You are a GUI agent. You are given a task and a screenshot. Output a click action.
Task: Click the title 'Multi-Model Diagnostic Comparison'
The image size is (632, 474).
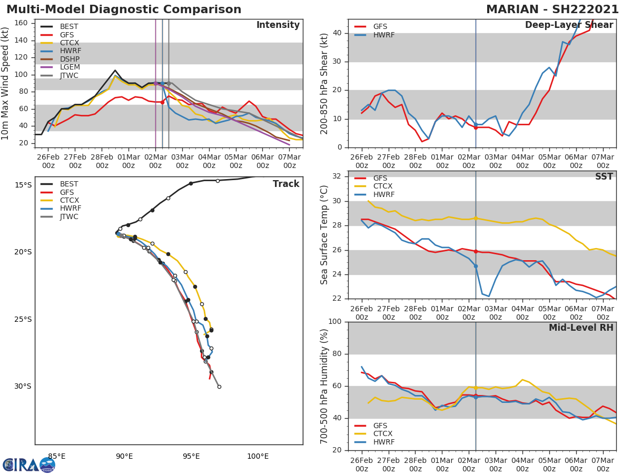coord(124,9)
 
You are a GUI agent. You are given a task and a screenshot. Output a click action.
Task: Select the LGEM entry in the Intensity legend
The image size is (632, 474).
coord(69,67)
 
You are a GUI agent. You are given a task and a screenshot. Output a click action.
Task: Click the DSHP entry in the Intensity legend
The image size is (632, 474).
coord(69,59)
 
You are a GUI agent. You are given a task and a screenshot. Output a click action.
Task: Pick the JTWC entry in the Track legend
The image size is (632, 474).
coord(69,217)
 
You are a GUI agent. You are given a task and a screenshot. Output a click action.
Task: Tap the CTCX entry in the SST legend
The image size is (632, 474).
coord(383,186)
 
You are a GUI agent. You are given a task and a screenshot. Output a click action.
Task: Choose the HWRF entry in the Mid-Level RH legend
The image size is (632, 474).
coord(383,442)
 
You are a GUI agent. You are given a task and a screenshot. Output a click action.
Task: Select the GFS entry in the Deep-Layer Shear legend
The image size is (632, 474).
coord(380,27)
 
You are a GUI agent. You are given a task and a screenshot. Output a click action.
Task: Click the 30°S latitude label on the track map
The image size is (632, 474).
coord(23,387)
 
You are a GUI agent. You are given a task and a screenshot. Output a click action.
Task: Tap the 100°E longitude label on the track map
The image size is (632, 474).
coord(258,457)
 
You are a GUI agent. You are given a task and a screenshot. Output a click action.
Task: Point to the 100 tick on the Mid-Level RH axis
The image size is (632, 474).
coord(334,322)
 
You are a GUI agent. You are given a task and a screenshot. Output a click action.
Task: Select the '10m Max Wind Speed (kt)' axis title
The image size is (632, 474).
coord(6,83)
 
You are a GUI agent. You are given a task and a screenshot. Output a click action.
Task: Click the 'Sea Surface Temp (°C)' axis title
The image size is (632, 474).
coord(324,234)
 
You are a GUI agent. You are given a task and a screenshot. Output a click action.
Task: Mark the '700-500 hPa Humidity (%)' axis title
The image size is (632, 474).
coord(324,386)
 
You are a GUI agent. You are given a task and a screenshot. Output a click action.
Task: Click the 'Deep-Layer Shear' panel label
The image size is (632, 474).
coord(569,25)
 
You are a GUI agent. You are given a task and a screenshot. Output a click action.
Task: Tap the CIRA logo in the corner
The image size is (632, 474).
coord(29,465)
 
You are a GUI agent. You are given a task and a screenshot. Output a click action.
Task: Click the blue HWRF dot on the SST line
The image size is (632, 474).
coord(476,266)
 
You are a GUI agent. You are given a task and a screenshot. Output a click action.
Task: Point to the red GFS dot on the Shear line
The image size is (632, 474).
coord(476,127)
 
